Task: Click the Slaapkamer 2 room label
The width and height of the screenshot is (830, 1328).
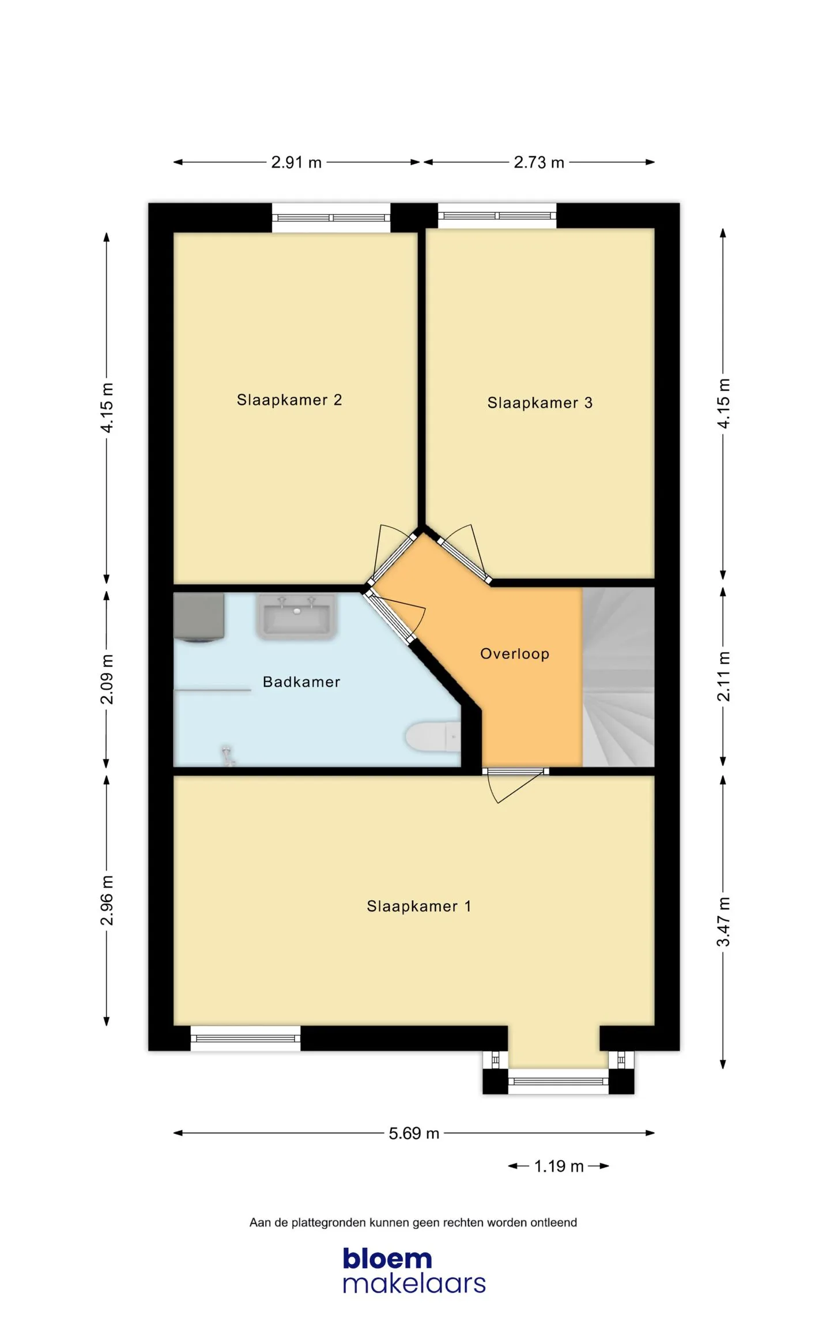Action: click(x=289, y=400)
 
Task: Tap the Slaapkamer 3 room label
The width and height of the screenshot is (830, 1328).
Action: click(x=539, y=402)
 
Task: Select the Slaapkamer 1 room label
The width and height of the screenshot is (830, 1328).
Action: click(x=419, y=906)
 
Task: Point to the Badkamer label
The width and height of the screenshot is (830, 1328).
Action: click(x=301, y=682)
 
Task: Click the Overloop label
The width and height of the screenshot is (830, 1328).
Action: click(x=515, y=653)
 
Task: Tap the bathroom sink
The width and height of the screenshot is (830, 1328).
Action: click(x=296, y=616)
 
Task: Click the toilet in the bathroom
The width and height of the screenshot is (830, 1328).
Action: click(x=433, y=736)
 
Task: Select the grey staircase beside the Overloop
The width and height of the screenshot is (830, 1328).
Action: click(x=618, y=676)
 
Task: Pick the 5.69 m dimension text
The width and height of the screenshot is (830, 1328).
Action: click(x=414, y=1133)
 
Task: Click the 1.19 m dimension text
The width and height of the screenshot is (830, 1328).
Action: click(x=559, y=1166)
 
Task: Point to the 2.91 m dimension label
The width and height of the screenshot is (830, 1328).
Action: click(x=296, y=162)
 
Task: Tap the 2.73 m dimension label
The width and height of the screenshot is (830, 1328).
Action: click(x=539, y=162)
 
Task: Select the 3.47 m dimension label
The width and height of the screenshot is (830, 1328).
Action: click(x=723, y=921)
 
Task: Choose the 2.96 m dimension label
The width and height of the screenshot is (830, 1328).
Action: click(x=107, y=900)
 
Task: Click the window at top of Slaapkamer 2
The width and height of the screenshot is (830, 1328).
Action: click(x=331, y=218)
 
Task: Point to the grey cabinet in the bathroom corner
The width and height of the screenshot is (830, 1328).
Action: click(x=199, y=617)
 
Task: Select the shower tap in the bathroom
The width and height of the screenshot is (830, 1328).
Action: click(x=228, y=755)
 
